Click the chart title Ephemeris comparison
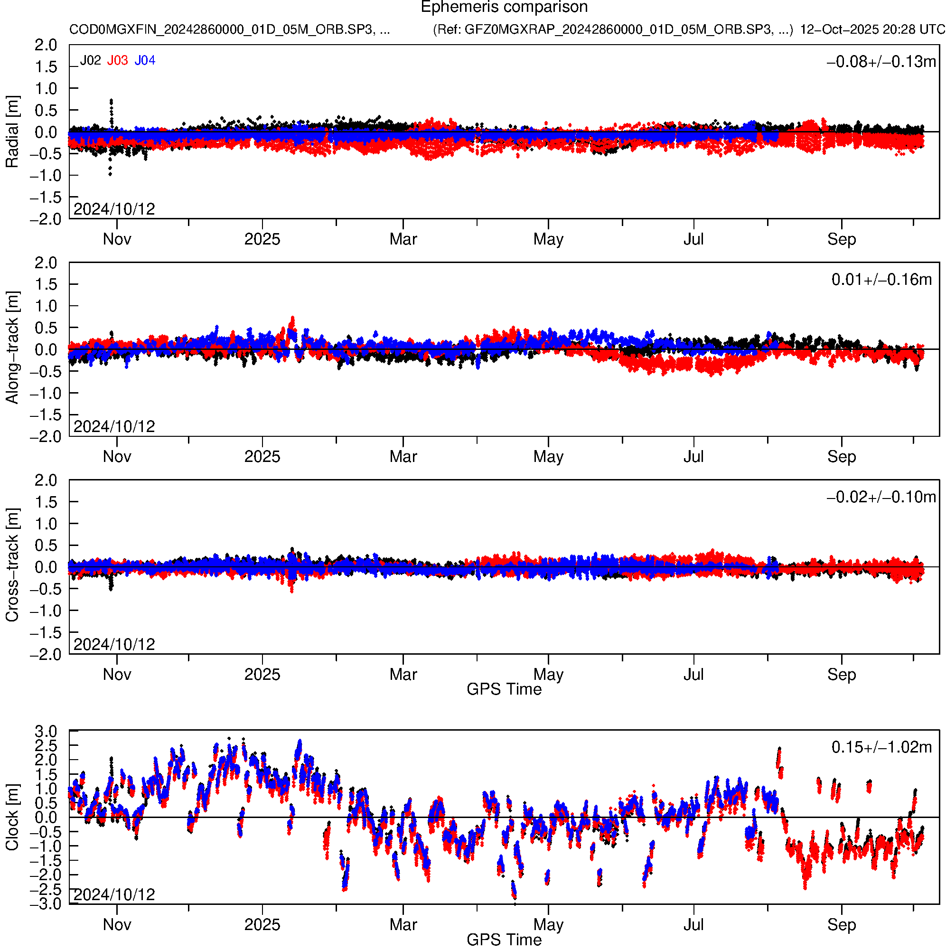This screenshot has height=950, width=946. pyautogui.click(x=504, y=8)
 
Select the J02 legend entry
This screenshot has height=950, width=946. pyautogui.click(x=91, y=60)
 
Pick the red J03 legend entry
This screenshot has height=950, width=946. pyautogui.click(x=118, y=60)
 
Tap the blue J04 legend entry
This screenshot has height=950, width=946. pyautogui.click(x=145, y=60)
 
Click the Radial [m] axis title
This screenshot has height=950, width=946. pyautogui.click(x=12, y=132)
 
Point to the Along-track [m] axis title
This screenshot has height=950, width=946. pyautogui.click(x=12, y=348)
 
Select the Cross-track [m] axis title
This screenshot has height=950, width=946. pyautogui.click(x=12, y=565)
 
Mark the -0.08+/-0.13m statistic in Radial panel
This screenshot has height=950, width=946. pyautogui.click(x=881, y=62)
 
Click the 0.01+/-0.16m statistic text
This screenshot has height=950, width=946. pyautogui.click(x=881, y=280)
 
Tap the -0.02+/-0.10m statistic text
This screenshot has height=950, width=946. pyautogui.click(x=881, y=497)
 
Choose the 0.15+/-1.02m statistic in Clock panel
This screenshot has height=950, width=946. pyautogui.click(x=881, y=747)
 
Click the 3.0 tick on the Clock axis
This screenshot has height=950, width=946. pyautogui.click(x=46, y=732)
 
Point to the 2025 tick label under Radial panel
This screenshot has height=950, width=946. pyautogui.click(x=262, y=239)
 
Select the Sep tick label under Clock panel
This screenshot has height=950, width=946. pyautogui.click(x=841, y=925)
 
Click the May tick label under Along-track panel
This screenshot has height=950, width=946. pyautogui.click(x=548, y=457)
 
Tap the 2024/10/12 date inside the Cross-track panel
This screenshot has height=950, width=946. pyautogui.click(x=114, y=644)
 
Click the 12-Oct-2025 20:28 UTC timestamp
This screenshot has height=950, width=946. pyautogui.click(x=872, y=29)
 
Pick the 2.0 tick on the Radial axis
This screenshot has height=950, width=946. pyautogui.click(x=46, y=45)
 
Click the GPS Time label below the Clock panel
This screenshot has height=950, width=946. pyautogui.click(x=504, y=940)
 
